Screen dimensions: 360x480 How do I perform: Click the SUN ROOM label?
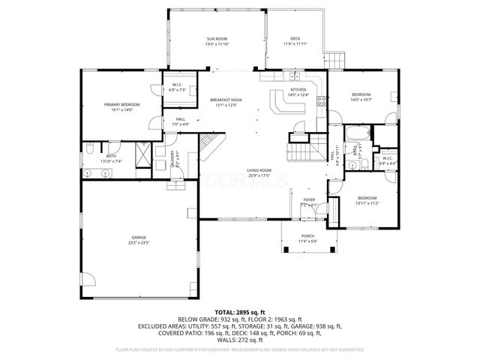click(217, 38)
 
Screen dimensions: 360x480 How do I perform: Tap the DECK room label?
click(295, 38)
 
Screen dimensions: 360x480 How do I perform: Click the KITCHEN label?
click(298, 89)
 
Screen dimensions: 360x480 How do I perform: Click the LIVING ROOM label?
click(259, 170)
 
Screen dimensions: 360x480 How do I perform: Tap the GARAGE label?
click(138, 237)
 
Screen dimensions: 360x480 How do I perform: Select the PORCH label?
click(308, 237)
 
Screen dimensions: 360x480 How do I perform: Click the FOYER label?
click(308, 199)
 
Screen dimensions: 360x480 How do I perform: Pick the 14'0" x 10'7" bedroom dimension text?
click(362, 100)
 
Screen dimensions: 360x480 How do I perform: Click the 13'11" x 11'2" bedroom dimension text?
click(367, 203)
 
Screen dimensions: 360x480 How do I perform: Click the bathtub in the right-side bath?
click(355, 135)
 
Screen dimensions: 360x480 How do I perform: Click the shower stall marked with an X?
click(141, 156)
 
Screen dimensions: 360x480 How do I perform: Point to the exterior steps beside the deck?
click(334, 60)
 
